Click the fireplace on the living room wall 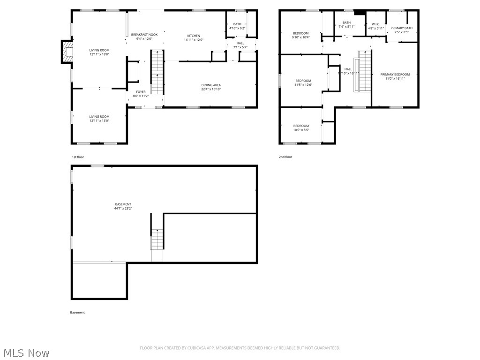[67, 52]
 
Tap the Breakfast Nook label [144, 35]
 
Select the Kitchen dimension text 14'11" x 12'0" [194, 40]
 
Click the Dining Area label [211, 85]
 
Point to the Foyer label [141, 92]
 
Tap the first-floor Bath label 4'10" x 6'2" [237, 24]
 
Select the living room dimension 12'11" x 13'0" [99, 120]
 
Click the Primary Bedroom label [395, 75]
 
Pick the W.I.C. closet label [375, 24]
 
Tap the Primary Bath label [402, 28]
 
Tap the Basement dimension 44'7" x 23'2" [123, 209]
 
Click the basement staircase [157, 239]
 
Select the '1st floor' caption [78, 157]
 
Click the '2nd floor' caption [285, 157]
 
